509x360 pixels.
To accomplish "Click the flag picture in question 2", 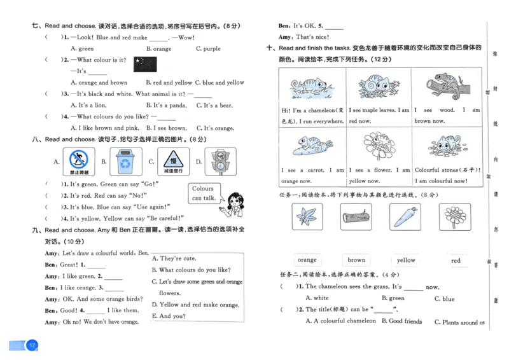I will tap(146, 63).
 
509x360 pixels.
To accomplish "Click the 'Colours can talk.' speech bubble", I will tap(203, 193).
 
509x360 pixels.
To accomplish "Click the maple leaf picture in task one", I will tap(307, 217).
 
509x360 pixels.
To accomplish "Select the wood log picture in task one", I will tap(356, 218).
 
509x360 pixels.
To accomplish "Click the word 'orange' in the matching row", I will tap(307, 260).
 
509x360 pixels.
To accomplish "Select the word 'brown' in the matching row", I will tap(356, 260).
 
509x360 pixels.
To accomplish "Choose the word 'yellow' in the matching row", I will tap(405, 260).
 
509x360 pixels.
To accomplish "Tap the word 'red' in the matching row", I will tap(456, 261).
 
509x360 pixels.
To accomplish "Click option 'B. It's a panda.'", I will tap(166, 105).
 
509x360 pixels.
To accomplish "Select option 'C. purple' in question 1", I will tap(208, 48).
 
